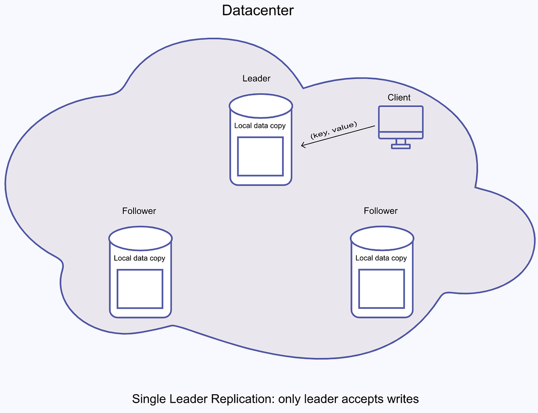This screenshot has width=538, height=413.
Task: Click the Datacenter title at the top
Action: (258, 10)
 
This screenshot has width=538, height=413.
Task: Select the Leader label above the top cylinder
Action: (256, 78)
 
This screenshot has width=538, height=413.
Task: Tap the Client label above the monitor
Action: (399, 97)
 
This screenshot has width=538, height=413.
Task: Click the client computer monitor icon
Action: (400, 122)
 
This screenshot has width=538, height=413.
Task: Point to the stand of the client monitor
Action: (400, 143)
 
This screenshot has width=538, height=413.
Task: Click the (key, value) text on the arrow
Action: (334, 130)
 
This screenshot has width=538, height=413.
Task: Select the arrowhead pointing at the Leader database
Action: (303, 145)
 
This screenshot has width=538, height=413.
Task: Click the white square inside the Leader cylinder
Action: (260, 156)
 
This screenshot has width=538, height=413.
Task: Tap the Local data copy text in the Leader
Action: (260, 126)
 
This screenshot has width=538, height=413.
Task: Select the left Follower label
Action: (139, 211)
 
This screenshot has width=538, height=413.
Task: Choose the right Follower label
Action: (381, 211)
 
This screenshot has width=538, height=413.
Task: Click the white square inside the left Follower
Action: (140, 289)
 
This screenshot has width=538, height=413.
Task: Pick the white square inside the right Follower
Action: (382, 289)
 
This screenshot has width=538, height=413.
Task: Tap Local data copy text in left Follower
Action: (139, 258)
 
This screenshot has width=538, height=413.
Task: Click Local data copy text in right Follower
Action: (381, 258)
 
